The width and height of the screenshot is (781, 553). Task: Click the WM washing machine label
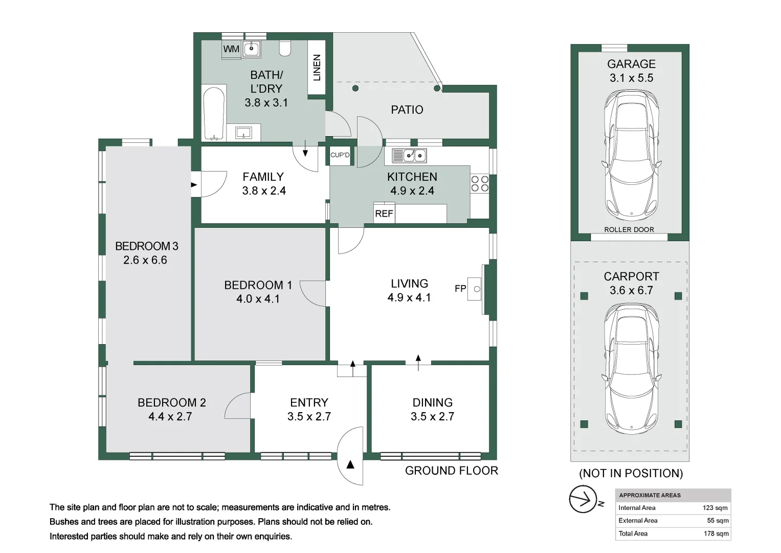coord(231,49)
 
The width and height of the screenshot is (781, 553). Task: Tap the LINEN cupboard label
coord(317,68)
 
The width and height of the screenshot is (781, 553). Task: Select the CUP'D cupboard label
coord(340,155)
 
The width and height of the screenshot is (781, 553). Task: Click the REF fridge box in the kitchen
coord(384,213)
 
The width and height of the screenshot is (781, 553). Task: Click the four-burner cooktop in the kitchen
coord(479,184)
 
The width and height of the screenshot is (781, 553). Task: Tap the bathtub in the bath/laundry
coord(214,114)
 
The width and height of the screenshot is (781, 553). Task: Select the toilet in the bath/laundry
coord(285,49)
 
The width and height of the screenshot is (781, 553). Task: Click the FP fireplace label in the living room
coord(460,288)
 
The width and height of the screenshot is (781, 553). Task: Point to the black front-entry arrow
coord(350,465)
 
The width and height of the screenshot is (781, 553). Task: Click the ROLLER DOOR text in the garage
coord(629,229)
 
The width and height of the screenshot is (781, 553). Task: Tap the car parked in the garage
coord(631,155)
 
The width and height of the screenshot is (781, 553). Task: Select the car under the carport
coord(631,369)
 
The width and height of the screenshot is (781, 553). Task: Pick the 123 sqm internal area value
coord(715,508)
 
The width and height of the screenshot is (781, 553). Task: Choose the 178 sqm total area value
coord(716,534)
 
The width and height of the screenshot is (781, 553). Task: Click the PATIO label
coord(407,110)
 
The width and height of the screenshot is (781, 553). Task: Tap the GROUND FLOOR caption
coord(452,471)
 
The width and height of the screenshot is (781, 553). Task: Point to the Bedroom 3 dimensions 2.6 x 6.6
coord(145,260)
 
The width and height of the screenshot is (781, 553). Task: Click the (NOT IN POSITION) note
coord(631,474)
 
